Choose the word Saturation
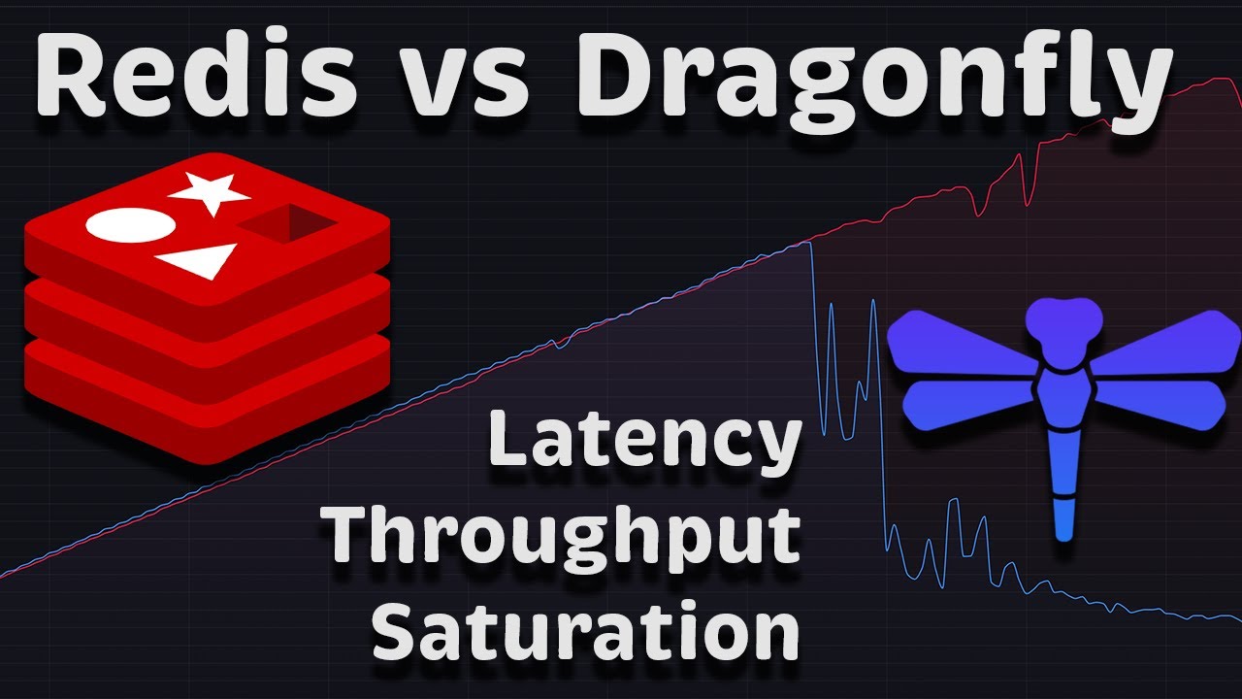pos(587,629)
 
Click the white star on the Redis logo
pos(210,192)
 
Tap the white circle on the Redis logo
pos(131,225)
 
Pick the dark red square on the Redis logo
pos(288,223)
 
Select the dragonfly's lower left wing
pos(970,404)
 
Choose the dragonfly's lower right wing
pos(1160,404)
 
